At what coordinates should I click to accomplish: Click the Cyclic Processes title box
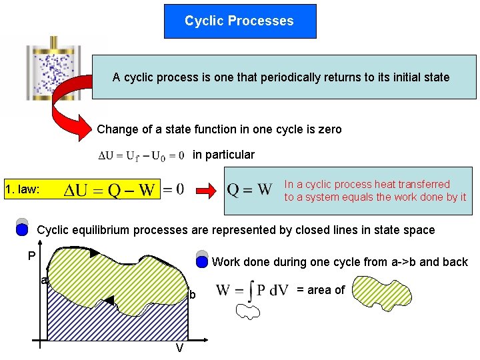[x=239, y=21]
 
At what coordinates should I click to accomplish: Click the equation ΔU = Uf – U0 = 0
[x=141, y=156]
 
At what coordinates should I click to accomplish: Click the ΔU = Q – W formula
[x=110, y=190]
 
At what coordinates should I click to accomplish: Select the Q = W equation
[x=249, y=190]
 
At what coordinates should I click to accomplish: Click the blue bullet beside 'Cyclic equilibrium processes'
[x=22, y=230]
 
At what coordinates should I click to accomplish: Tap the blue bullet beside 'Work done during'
[x=201, y=262]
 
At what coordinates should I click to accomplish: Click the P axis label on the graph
[x=31, y=256]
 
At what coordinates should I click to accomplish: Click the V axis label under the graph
[x=179, y=348]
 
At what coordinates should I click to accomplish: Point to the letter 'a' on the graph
[x=43, y=281]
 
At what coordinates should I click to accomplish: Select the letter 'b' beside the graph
[x=193, y=295]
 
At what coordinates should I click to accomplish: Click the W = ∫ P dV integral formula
[x=252, y=290]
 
